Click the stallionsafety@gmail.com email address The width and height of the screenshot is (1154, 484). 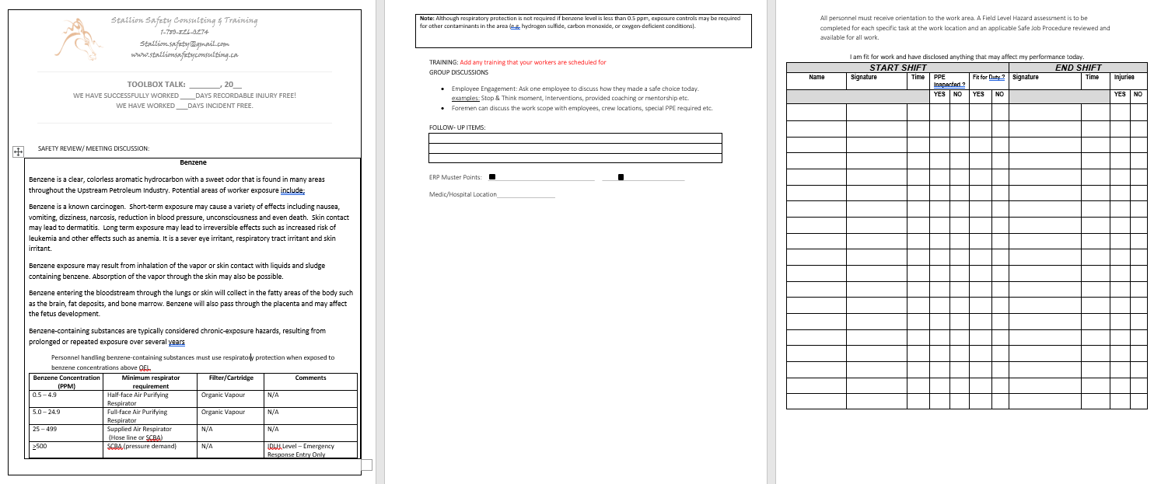tap(184, 44)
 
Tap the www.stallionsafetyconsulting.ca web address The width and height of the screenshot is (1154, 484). tap(184, 55)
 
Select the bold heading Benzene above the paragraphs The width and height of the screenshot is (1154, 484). tap(193, 162)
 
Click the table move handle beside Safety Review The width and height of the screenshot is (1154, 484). tap(19, 151)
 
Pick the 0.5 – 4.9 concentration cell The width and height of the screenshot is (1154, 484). tap(44, 395)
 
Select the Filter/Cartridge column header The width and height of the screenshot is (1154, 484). tap(231, 378)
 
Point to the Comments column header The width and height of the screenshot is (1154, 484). tap(311, 378)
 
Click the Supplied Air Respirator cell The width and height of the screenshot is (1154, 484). tap(139, 429)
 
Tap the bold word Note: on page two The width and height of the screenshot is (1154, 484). tap(427, 18)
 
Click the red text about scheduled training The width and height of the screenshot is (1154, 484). tap(533, 62)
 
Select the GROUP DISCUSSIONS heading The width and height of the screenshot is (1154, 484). tap(459, 72)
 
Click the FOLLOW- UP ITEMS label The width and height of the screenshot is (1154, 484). tap(457, 127)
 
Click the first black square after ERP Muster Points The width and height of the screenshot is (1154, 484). tap(492, 176)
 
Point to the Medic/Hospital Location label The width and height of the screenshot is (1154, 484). tap(463, 194)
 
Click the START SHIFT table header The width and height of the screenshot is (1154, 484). tap(897, 68)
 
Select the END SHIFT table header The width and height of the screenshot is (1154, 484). tap(1078, 68)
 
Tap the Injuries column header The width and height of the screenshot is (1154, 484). tap(1124, 78)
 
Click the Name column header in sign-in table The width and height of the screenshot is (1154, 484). tap(817, 78)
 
